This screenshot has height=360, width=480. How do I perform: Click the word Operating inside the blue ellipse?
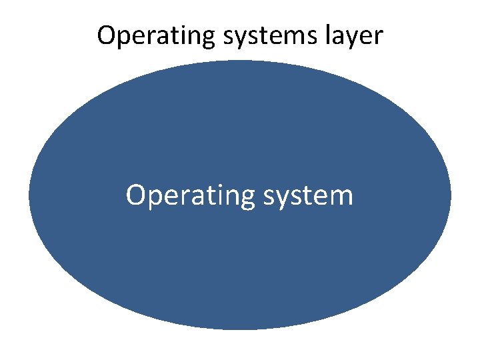(181, 197)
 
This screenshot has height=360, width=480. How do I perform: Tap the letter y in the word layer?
(357, 39)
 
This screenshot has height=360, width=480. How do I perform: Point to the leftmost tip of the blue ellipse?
(29, 195)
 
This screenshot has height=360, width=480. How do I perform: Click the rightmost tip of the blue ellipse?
(451, 195)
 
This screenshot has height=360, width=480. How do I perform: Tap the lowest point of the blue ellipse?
(240, 329)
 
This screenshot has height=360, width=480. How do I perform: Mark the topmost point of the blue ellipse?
(240, 61)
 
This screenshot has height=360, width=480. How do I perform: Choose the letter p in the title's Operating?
(125, 39)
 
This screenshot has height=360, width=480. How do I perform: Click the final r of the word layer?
(379, 37)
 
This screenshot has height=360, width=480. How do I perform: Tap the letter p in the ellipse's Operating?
(153, 200)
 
